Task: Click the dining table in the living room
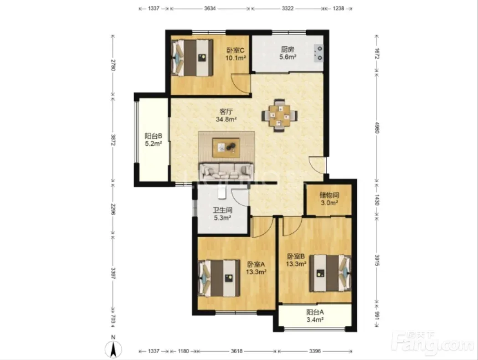[279, 116]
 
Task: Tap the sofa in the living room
[226, 172]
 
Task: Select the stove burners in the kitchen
[319, 53]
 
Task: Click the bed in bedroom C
[192, 57]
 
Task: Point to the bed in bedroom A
[219, 278]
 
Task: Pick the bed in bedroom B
[330, 273]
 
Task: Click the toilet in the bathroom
[221, 192]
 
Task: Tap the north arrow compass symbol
[113, 348]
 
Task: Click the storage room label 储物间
[329, 195]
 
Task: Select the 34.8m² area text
[226, 119]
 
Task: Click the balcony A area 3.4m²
[315, 319]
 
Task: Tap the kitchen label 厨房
[288, 49]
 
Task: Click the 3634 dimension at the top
[210, 9]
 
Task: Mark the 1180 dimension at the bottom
[183, 351]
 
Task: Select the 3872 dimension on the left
[113, 140]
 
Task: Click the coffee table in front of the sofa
[226, 148]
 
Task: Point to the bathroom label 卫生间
[222, 210]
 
